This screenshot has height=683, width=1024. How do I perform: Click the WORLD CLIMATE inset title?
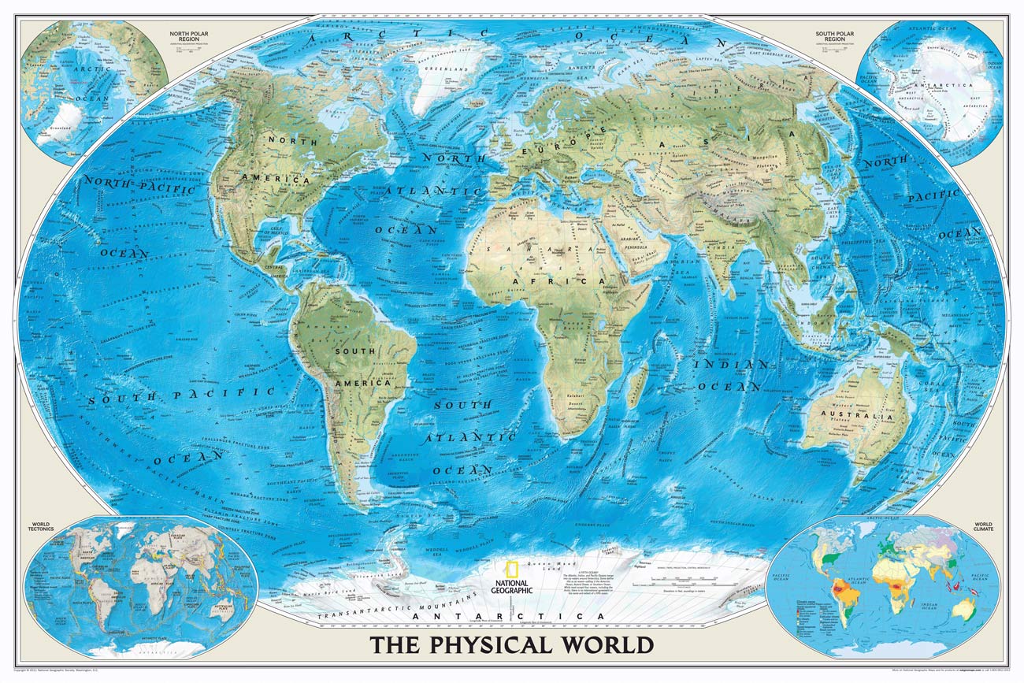(982, 526)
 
